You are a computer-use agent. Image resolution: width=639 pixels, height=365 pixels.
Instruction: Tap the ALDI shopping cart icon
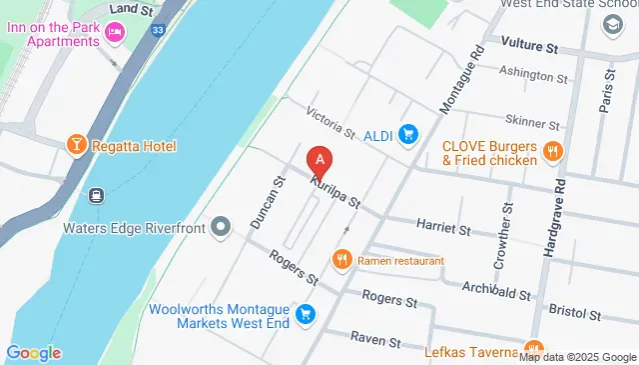tap(407, 134)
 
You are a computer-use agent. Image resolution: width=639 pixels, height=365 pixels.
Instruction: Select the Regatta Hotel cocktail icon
tap(76, 146)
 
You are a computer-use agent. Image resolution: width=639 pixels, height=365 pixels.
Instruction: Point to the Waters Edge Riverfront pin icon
tap(222, 228)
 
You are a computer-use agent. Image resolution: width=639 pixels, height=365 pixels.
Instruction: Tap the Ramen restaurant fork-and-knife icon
tap(343, 260)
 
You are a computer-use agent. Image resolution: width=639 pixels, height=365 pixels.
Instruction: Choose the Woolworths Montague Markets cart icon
tap(306, 314)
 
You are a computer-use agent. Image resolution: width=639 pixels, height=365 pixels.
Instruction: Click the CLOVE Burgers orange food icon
tap(552, 152)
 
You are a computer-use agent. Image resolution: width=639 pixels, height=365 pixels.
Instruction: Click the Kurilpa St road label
tap(334, 194)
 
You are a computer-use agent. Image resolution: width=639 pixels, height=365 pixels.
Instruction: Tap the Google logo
tap(33, 352)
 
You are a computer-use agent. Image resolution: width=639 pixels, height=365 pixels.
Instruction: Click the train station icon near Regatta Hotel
tap(96, 195)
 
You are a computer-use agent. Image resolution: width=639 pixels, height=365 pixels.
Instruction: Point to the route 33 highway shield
tap(157, 31)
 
